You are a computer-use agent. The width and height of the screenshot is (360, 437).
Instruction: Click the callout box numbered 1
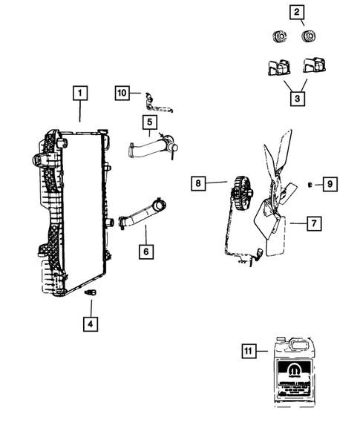pos(80,94)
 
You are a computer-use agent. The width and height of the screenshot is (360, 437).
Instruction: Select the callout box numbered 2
pos(297,12)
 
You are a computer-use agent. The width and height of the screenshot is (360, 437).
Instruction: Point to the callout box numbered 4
pos(89,323)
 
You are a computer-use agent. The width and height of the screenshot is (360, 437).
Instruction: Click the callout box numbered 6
pos(146,252)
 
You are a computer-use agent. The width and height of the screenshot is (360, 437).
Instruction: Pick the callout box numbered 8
pos(198,183)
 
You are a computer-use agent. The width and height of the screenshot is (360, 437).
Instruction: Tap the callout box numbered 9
pos(332,183)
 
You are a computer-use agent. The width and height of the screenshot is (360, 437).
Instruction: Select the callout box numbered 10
pos(123,93)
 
